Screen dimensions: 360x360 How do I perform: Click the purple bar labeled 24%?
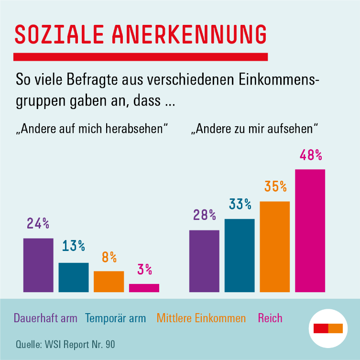38,265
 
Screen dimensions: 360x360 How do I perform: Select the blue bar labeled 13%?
74,277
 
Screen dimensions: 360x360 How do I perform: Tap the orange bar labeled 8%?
109,281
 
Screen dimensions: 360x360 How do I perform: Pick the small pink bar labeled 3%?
144,288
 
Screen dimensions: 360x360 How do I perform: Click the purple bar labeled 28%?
204,261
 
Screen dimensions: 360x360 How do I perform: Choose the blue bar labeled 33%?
240,255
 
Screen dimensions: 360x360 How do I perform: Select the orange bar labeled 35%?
275,246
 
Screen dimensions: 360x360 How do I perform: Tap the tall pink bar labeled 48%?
310,230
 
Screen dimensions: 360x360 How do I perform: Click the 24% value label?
38,223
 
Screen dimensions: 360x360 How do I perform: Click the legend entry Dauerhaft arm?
45,318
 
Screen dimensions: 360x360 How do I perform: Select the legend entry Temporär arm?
115,318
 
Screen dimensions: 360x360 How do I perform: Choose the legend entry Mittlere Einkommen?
201,318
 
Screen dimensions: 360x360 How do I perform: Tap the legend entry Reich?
270,318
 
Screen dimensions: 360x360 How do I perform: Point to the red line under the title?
141,57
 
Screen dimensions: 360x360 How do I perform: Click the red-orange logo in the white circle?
328,328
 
